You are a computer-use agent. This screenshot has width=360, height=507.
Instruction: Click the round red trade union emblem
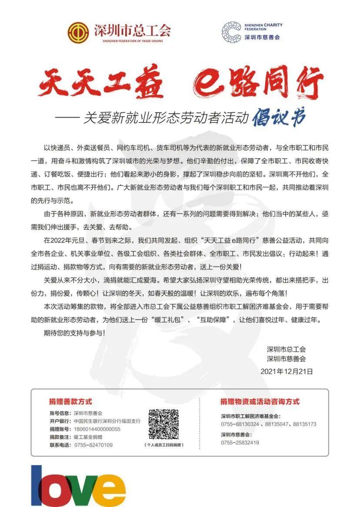coord(78,31)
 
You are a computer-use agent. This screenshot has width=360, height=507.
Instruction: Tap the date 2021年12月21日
coord(287,371)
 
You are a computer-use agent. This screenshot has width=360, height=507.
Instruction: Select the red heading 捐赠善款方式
coord(70,401)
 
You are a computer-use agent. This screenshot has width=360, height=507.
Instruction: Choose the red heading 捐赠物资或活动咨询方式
coord(260,401)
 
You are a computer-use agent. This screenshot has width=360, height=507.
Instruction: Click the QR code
coord(163,424)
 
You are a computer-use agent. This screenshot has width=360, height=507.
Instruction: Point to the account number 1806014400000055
coord(97,429)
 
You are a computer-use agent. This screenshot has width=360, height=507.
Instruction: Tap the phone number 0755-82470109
coord(93,445)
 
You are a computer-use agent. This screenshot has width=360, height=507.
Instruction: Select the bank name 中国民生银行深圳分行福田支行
coord(107,421)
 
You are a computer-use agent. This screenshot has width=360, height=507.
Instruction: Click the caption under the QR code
coord(163,445)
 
